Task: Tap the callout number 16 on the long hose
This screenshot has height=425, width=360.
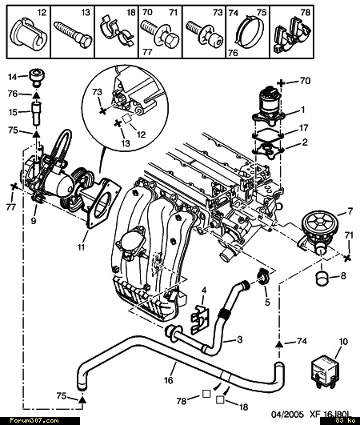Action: pos(169,380)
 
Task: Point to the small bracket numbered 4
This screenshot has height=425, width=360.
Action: pos(200,319)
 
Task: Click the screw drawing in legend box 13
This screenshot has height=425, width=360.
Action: pos(73,34)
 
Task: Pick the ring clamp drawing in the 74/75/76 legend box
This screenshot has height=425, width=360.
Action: pos(250,31)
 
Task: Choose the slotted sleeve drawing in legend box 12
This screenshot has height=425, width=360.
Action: pos(29,34)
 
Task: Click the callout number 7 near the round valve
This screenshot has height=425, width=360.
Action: pos(350,210)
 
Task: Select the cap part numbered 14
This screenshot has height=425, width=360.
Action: pos(36,78)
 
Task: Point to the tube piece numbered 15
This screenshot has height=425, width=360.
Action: pos(36,113)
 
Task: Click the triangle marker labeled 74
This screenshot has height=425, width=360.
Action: pos(279,344)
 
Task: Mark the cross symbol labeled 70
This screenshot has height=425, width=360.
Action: pos(281,82)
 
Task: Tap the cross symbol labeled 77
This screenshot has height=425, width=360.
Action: pos(14,186)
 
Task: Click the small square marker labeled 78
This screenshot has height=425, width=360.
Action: pos(206,394)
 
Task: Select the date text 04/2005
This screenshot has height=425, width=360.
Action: pos(287,415)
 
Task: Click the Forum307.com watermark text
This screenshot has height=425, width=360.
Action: pos(34,421)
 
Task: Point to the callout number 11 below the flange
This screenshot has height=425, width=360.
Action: pos(82,247)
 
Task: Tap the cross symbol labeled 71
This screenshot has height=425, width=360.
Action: pos(347,258)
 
